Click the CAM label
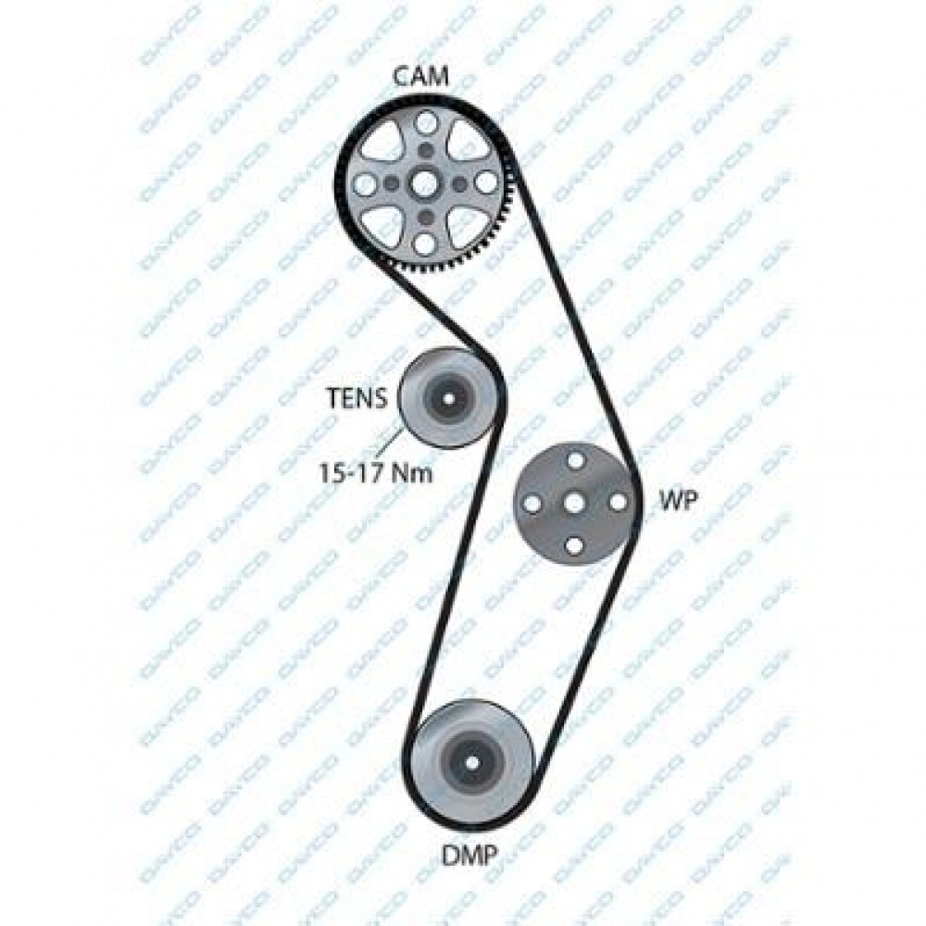tap(421, 76)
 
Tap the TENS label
tap(357, 398)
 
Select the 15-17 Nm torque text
tap(376, 472)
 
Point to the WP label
tap(679, 501)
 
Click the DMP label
tap(470, 854)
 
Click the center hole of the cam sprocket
tap(424, 184)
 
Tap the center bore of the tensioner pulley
tap(449, 398)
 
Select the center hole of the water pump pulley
tap(574, 503)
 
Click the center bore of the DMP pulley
tap(471, 762)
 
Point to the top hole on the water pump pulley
tap(574, 459)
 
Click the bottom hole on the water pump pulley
tap(574, 546)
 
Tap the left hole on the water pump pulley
tap(531, 503)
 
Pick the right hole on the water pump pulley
tap(618, 503)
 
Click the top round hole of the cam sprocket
tap(425, 123)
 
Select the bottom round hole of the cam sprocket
tap(424, 244)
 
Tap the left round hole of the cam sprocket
tap(366, 184)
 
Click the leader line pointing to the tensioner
tap(388, 444)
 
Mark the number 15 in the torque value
tap(331, 472)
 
